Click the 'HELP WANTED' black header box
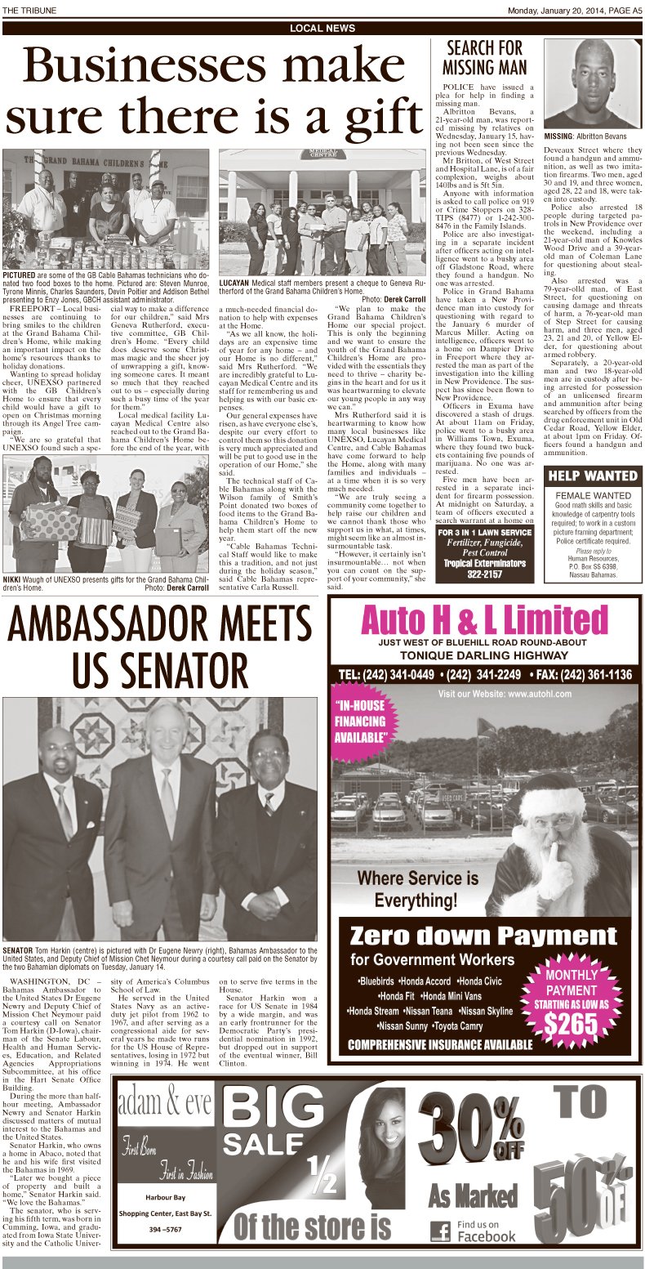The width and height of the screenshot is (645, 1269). point(592,476)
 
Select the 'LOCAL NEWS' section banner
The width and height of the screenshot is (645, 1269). point(322,29)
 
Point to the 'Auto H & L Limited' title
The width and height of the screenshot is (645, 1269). point(486,620)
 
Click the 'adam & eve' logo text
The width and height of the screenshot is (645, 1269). point(158,1106)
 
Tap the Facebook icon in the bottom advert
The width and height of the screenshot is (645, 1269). point(440,1231)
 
